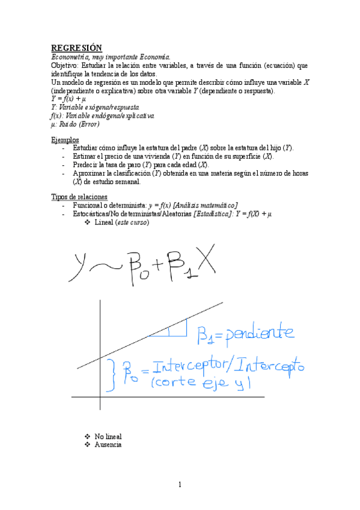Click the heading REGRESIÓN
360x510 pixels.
(76, 48)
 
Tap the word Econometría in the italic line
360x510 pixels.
(69, 57)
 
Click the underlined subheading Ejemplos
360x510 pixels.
(65, 140)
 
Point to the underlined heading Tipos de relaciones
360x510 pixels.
(79, 197)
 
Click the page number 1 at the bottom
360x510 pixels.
(180, 485)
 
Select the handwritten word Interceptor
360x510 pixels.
(192, 366)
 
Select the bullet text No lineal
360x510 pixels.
(109, 436)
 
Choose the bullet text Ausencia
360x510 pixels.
(108, 444)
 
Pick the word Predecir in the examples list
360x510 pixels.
(87, 164)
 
